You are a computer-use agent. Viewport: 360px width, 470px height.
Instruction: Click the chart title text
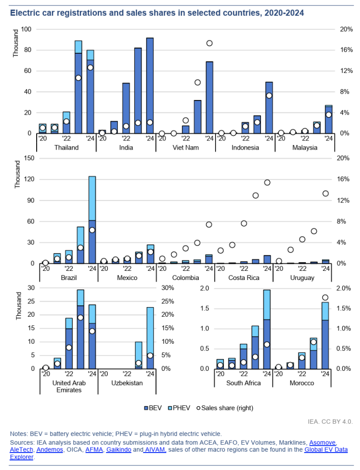[157, 13]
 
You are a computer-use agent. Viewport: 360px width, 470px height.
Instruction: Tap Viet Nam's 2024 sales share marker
[210, 43]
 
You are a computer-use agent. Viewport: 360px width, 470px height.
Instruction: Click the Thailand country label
[66, 148]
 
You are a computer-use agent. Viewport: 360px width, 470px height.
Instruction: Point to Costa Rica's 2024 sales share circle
[267, 182]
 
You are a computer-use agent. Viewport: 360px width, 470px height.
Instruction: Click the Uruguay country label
[302, 278]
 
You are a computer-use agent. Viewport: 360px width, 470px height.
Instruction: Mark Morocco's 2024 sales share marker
[325, 297]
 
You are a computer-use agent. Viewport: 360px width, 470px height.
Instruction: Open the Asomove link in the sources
[322, 442]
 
